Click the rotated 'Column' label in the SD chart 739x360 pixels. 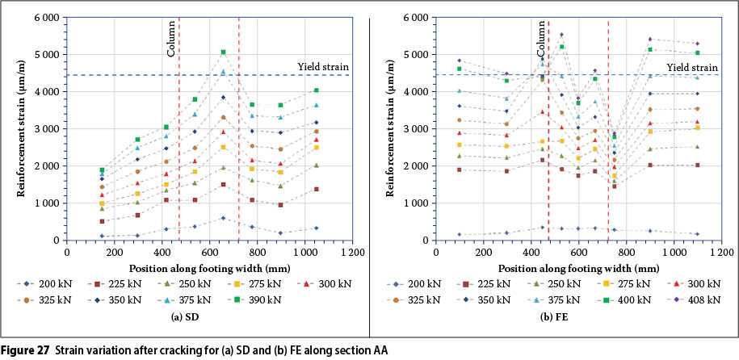pyautogui.click(x=171, y=41)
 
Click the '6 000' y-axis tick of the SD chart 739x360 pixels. pyautogui.click(x=51, y=17)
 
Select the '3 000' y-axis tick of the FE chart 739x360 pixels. pyautogui.click(x=419, y=128)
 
